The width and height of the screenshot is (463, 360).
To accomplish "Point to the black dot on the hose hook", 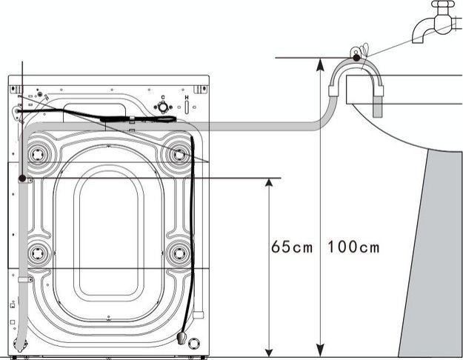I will (357, 57).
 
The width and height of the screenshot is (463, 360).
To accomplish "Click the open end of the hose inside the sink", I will (379, 110).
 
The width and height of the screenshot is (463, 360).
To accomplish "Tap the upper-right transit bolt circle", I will (179, 153).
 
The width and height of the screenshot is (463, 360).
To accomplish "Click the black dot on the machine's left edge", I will (23, 179).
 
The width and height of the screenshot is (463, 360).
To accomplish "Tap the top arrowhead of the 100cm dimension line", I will (319, 64).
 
